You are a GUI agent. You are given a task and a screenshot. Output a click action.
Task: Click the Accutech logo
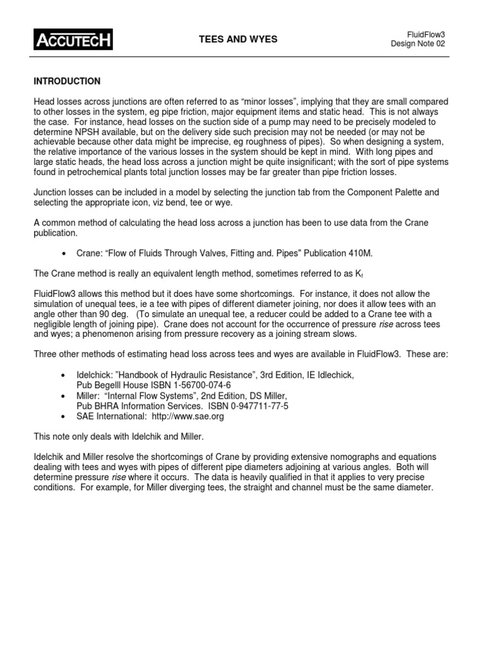pos(73,40)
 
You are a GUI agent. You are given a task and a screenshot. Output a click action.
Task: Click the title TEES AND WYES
pos(238,40)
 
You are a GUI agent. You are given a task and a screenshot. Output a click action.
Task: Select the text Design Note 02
pos(422,44)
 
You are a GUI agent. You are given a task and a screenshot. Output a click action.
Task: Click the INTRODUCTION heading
pos(66,82)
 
